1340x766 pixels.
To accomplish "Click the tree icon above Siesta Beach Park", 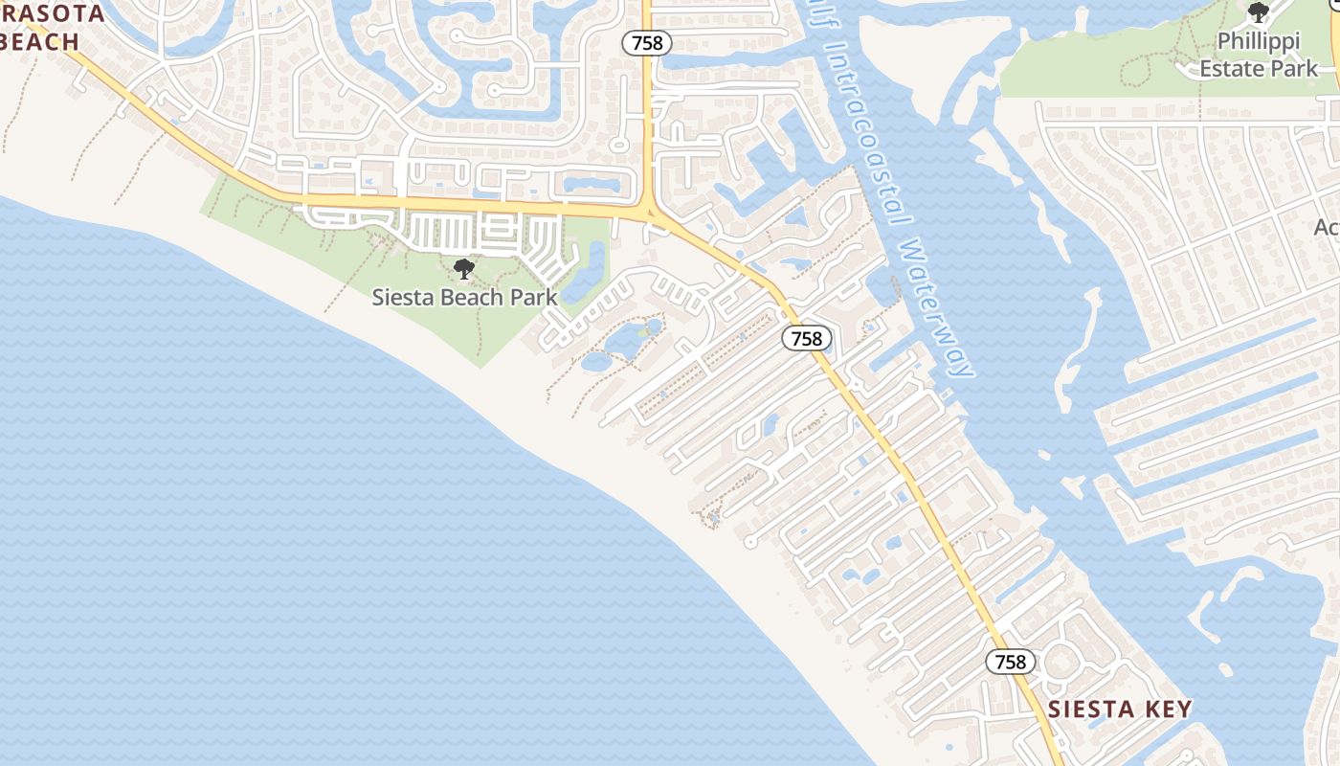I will (x=464, y=269).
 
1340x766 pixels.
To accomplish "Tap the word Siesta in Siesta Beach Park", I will (x=399, y=297).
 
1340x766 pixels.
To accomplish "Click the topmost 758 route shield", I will (x=647, y=43).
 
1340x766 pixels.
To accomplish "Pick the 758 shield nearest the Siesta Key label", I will (x=1010, y=662).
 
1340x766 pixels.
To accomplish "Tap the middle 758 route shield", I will (x=807, y=338).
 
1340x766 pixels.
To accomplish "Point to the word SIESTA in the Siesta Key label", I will (x=1086, y=710).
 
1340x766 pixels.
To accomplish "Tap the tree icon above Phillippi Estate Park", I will (x=1259, y=12).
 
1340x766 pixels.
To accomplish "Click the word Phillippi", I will (x=1259, y=42).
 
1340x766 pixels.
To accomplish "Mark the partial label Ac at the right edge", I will (x=1327, y=227).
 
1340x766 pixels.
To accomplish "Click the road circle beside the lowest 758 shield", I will (x=1060, y=662).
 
